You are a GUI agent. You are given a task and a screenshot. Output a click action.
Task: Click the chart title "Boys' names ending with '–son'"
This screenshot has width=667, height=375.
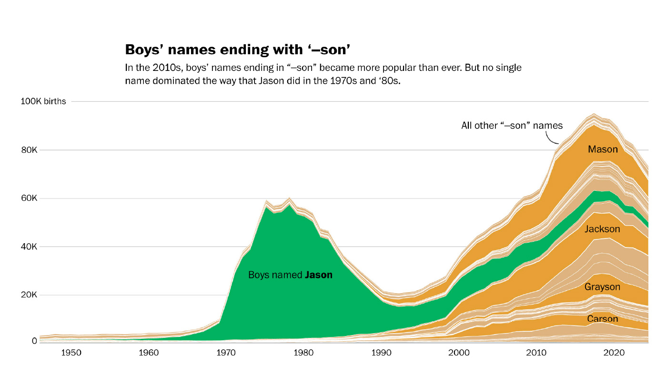pyautogui.click(x=241, y=49)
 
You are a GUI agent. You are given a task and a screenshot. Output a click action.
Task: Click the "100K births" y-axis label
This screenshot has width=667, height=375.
pyautogui.click(x=43, y=101)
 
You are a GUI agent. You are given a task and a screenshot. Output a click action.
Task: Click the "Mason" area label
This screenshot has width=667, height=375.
pyautogui.click(x=603, y=149)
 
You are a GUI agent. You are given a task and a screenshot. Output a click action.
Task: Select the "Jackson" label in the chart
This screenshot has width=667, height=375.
pyautogui.click(x=602, y=229)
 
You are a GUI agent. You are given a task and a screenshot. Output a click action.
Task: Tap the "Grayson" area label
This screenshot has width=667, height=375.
pyautogui.click(x=602, y=287)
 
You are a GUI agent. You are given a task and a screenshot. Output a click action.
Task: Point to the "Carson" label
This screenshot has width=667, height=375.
pyautogui.click(x=602, y=319)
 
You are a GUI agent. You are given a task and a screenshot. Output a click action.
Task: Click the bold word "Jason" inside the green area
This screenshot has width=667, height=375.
pyautogui.click(x=319, y=275)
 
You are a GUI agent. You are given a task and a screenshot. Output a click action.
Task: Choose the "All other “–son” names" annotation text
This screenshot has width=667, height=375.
pyautogui.click(x=512, y=126)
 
